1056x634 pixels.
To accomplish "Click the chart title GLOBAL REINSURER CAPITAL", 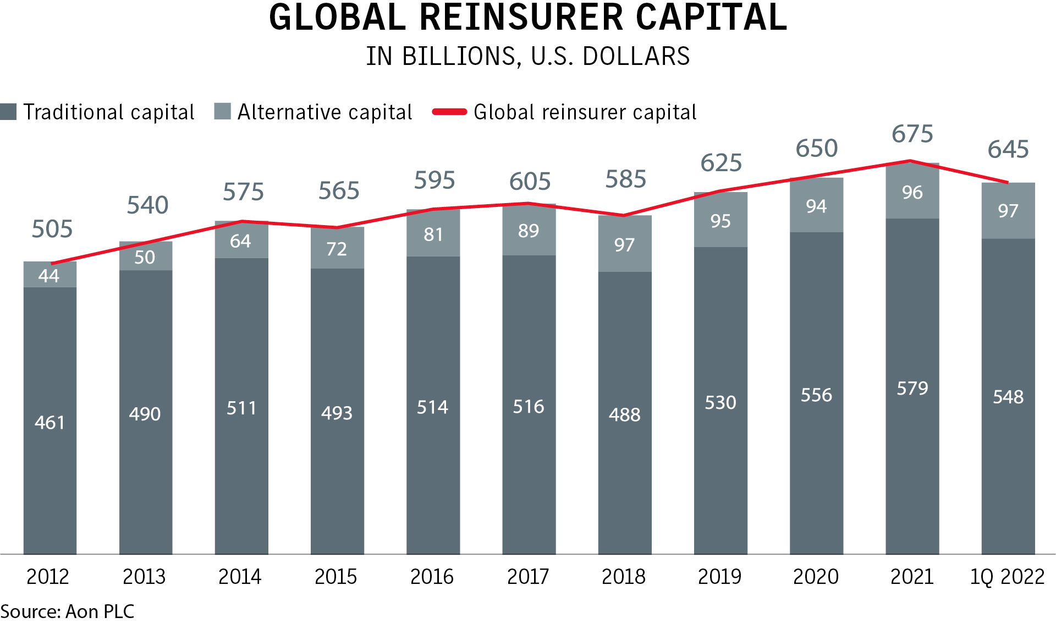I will [x=528, y=18].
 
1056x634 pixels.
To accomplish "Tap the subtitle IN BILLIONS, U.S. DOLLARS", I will [x=528, y=56].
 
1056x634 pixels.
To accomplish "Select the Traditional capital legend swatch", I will [x=8, y=112].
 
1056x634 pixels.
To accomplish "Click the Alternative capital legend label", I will [x=324, y=112].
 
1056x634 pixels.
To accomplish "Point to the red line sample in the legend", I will [x=449, y=112].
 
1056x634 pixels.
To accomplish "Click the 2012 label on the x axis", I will [x=48, y=577].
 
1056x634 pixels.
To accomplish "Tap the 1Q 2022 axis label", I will [x=1007, y=577].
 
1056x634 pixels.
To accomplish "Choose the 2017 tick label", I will [x=528, y=577].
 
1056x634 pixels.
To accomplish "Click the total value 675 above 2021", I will [x=912, y=134].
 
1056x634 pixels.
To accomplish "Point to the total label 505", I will [x=52, y=229].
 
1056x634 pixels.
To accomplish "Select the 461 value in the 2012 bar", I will [x=50, y=423].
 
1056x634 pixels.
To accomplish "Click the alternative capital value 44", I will [x=49, y=275].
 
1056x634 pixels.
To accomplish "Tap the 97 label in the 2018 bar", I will [x=624, y=245].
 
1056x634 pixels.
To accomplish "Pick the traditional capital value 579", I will [x=912, y=389].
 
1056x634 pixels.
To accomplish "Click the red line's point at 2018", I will [x=624, y=215].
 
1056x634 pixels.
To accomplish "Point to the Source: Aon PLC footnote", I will [x=67, y=612].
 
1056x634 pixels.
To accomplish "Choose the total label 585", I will [x=625, y=179].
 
